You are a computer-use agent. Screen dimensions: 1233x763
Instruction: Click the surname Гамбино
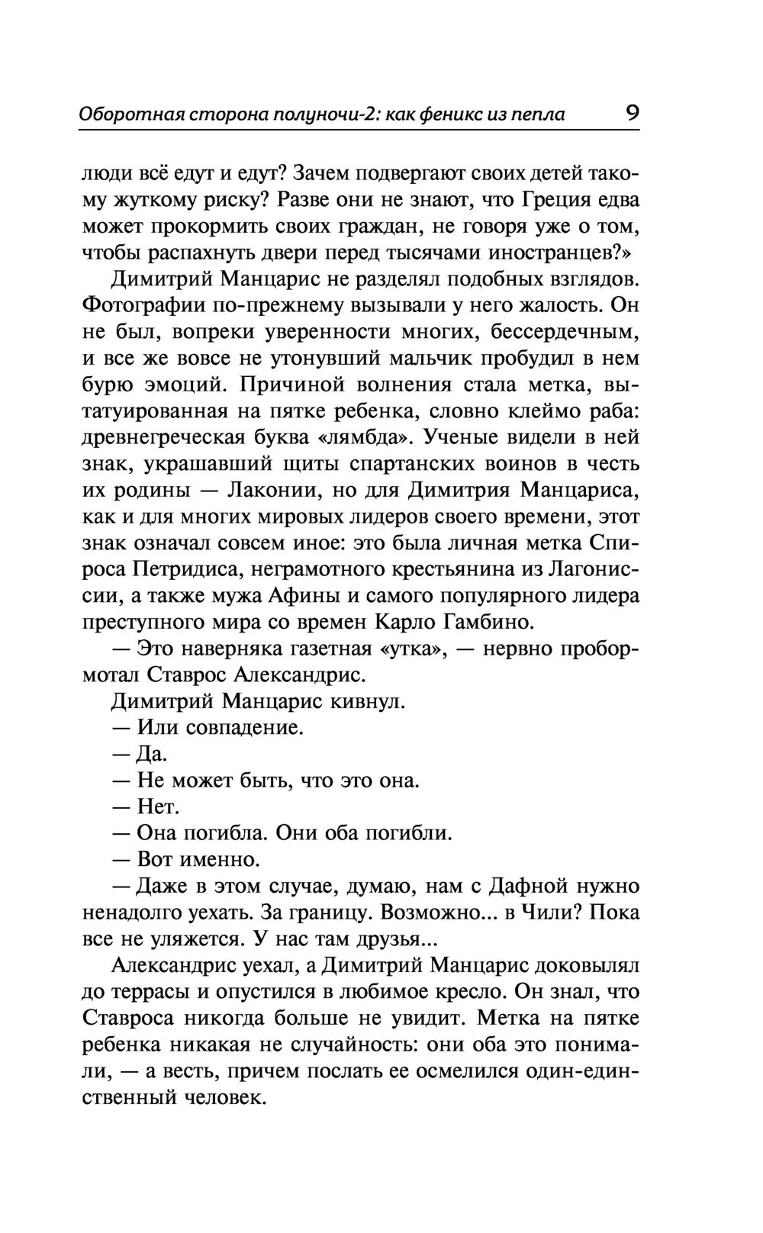click(485, 623)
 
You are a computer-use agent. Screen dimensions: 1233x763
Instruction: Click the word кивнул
click(365, 701)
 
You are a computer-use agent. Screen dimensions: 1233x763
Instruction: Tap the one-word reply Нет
click(158, 806)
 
